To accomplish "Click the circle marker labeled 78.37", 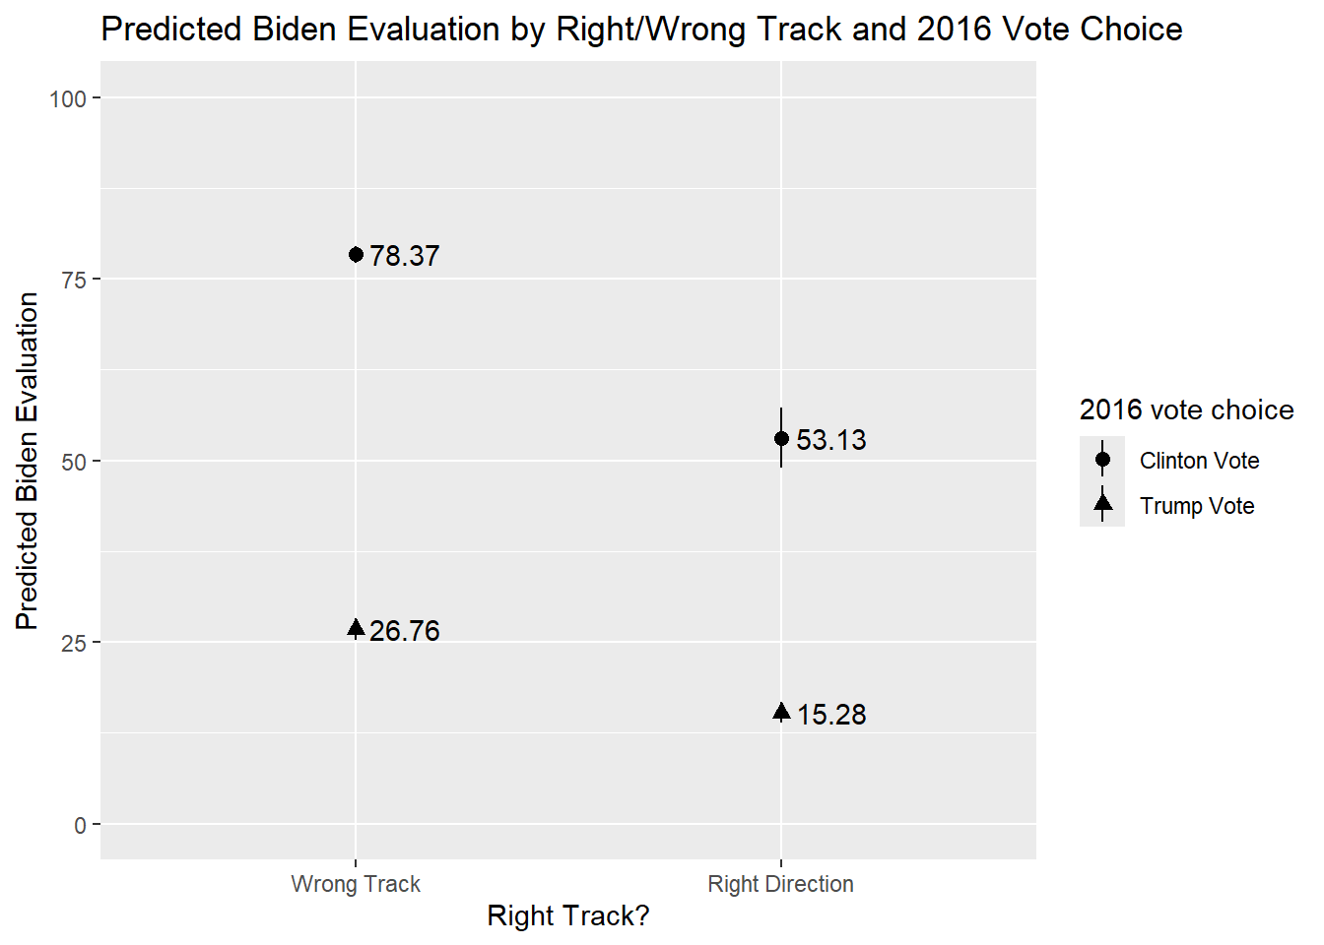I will pos(356,255).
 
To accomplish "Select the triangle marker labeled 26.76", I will pos(356,629).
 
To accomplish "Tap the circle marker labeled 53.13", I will pos(781,438).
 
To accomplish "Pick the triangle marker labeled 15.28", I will pos(781,712).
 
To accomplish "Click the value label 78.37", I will pos(404,256).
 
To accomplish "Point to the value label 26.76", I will pos(404,631).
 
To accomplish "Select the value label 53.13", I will pos(830,440).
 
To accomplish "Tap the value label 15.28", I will pos(830,715).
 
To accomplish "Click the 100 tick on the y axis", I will pos(68,98).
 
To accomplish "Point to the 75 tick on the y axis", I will pos(74,280).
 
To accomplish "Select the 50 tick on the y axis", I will pos(74,462).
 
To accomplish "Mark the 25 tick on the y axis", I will pos(74,643).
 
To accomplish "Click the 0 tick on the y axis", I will pos(80,825).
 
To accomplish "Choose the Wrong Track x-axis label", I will pos(356,884).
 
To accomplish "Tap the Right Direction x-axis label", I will pos(780,884).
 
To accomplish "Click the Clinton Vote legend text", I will pos(1199,461).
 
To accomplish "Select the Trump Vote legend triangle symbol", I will pos(1102,505).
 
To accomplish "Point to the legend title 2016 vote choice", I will pos(1186,410).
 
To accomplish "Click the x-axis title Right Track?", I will pos(568,916).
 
